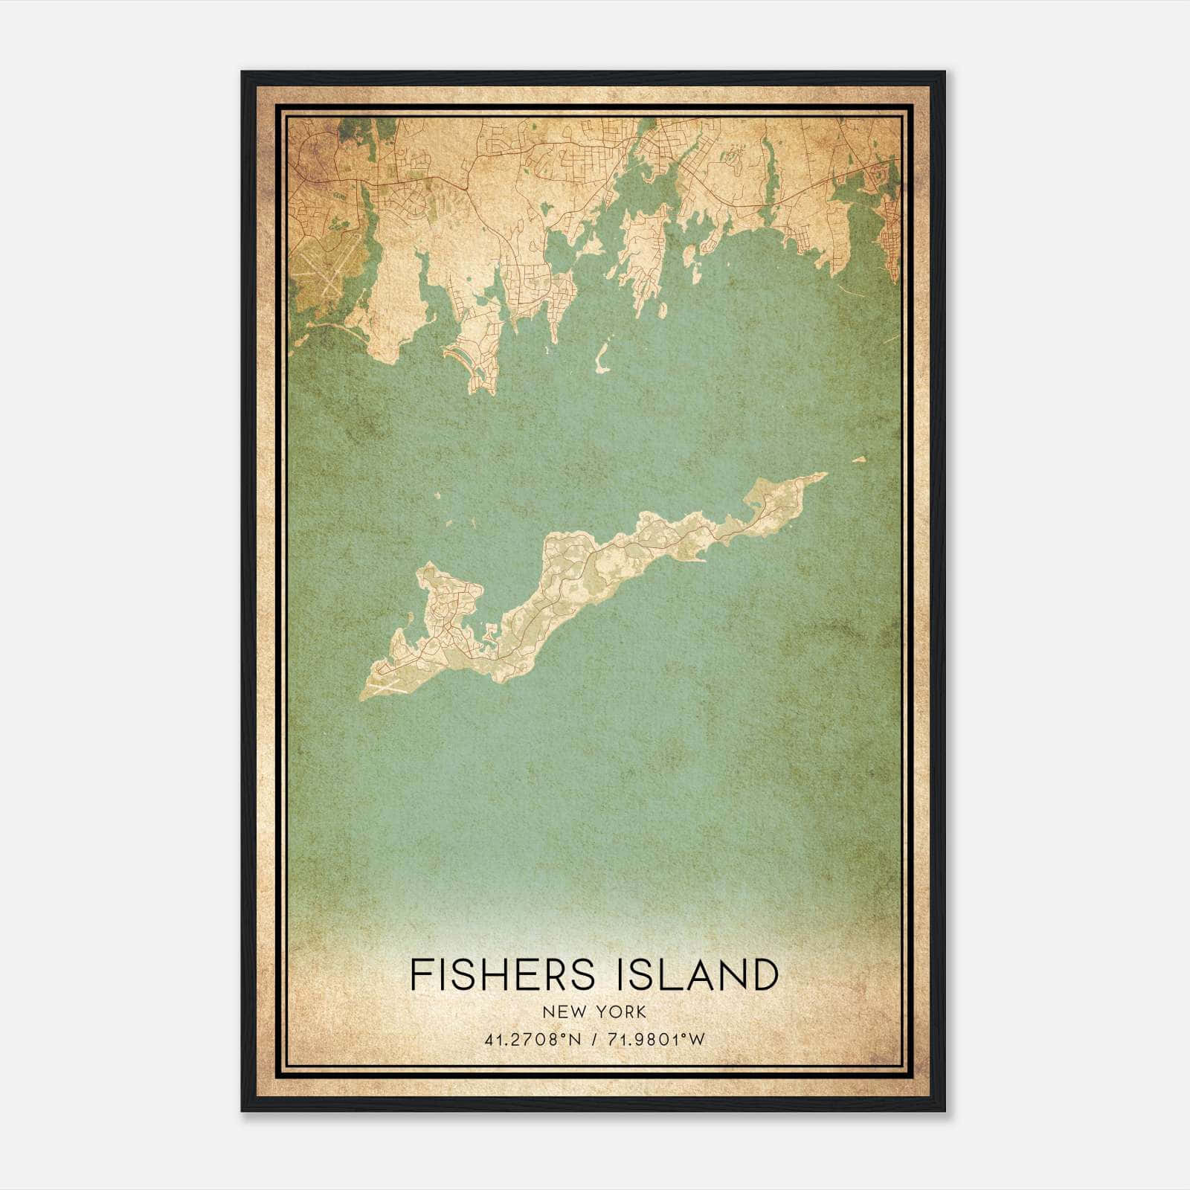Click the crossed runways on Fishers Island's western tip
387,680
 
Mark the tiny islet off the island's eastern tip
860,460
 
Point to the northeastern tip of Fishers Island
825,474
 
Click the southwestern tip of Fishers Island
361,698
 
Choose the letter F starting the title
419,975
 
